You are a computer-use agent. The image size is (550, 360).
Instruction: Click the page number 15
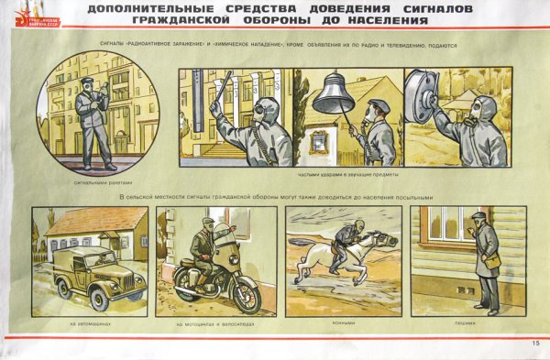(x=534, y=344)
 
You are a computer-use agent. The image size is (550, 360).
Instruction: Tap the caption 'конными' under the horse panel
(x=343, y=323)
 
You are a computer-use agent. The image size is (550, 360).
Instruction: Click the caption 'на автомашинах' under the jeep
(x=89, y=323)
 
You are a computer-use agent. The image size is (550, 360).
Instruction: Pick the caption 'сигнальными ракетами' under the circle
(x=94, y=182)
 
